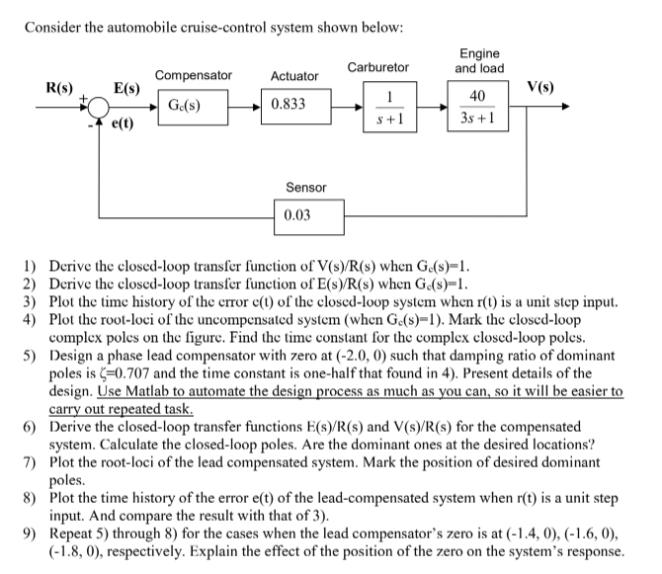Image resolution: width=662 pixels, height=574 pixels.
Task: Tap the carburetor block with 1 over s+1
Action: coord(392,107)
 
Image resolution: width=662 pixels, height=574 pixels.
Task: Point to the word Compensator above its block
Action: coord(193,75)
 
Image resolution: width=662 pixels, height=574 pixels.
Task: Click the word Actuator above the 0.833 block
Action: coord(294,76)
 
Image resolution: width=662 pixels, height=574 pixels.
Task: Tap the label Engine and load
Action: coord(478,61)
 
